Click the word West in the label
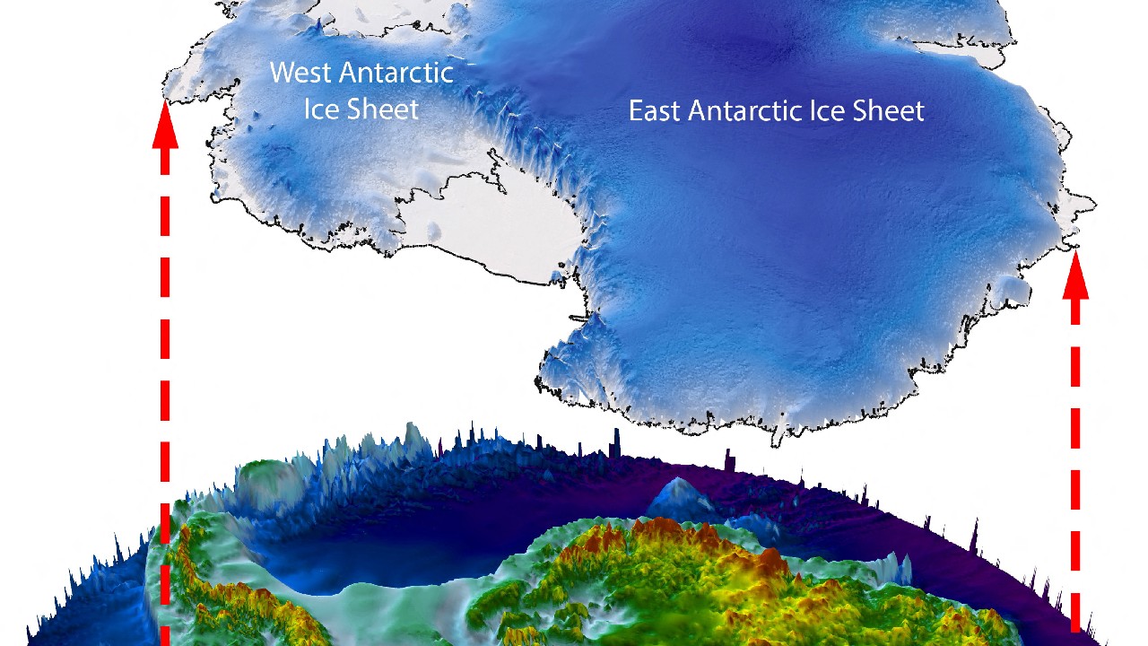tap(300, 72)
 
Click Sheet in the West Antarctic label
tap(380, 109)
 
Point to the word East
tap(655, 111)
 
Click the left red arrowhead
tap(165, 126)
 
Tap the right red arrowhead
tap(1075, 278)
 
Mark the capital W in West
tap(282, 72)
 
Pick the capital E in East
tap(635, 111)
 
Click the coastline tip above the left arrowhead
tap(166, 86)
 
